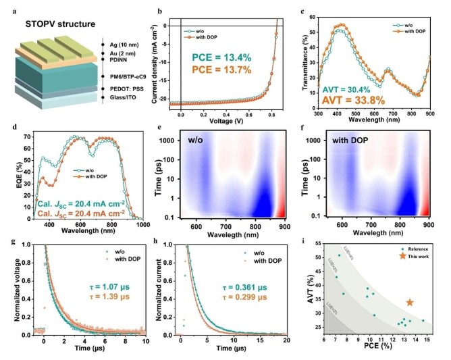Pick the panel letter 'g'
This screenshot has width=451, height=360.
[x=5, y=242]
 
